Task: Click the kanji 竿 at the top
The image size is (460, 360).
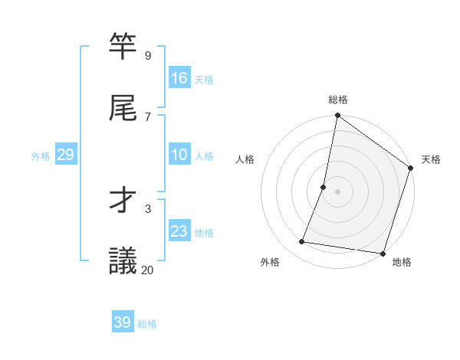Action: click(123, 46)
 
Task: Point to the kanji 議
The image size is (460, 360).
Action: click(123, 260)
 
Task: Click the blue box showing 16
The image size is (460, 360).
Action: click(179, 77)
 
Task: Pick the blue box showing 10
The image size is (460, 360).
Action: click(179, 155)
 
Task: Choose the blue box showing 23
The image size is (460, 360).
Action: click(179, 231)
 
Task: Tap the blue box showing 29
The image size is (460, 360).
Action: click(65, 155)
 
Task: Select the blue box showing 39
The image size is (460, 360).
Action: click(123, 322)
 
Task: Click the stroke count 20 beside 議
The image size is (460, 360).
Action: click(148, 270)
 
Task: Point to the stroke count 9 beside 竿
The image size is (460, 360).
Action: click(147, 55)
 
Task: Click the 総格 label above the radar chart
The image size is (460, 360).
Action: click(338, 100)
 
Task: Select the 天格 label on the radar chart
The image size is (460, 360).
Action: click(432, 159)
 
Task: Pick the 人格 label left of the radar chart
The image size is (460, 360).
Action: click(245, 159)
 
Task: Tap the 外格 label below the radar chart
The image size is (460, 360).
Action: click(270, 262)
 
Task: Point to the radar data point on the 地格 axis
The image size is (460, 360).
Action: click(383, 254)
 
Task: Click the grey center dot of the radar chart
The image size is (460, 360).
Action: click(338, 191)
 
